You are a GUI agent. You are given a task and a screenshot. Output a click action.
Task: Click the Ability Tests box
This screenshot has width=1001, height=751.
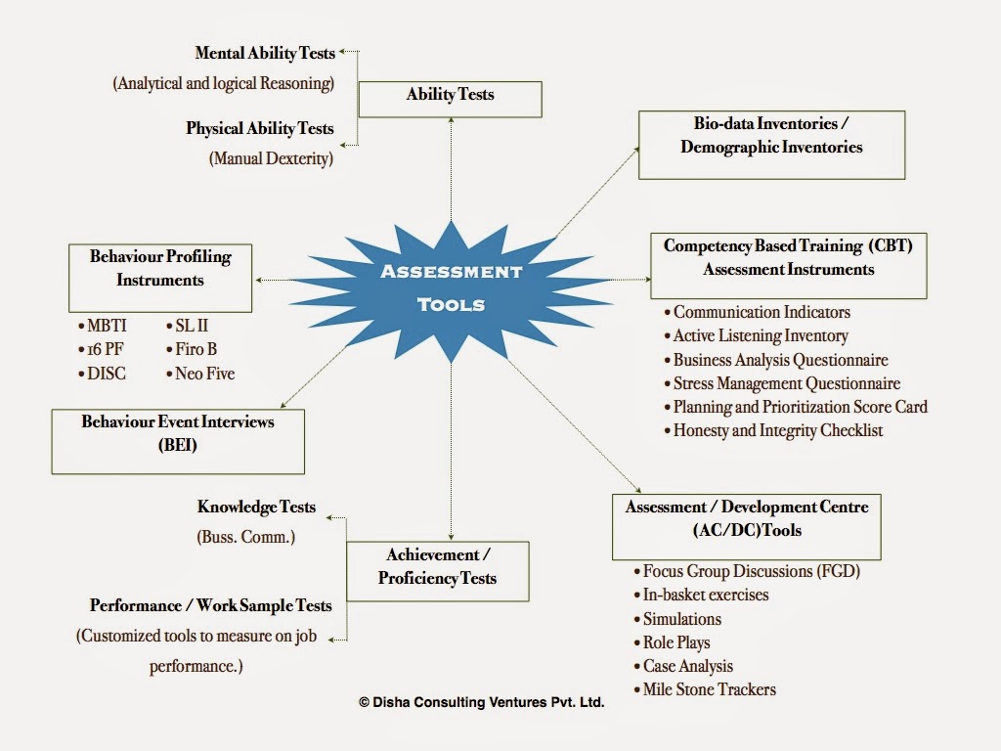coord(450,99)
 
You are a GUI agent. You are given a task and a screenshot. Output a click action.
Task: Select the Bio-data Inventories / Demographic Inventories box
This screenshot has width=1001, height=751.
coord(772,145)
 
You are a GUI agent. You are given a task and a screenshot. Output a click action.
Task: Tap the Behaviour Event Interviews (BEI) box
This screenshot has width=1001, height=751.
coord(178,441)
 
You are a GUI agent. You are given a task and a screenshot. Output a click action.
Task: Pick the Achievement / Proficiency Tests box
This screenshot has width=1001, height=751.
coord(438,571)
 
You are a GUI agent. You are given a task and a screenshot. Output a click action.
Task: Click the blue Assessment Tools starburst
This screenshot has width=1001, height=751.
coord(452,291)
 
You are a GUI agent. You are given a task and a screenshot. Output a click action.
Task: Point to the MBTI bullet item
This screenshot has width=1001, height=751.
coord(103,326)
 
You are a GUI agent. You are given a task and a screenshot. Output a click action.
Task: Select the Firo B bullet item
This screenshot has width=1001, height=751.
coord(192,349)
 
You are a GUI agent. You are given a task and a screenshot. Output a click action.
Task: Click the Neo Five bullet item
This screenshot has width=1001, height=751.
coord(200,374)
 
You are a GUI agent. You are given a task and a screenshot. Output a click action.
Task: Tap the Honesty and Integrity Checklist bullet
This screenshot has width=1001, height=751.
coord(774,430)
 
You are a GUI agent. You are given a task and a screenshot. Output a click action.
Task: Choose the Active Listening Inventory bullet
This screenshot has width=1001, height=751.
coord(757,336)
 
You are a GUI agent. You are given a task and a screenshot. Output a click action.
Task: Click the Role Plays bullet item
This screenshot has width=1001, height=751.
coord(672,642)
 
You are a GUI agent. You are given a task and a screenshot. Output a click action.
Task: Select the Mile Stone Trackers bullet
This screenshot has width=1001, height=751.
coord(705,689)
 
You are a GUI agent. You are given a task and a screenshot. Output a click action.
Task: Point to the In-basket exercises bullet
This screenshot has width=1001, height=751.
coord(701,595)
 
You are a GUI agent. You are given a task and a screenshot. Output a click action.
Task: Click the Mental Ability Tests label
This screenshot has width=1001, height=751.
coord(265,53)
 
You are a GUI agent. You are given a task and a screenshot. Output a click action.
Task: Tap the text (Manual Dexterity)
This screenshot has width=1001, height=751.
coord(272,158)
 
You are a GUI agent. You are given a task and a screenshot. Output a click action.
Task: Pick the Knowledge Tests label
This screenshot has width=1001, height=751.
coord(257,508)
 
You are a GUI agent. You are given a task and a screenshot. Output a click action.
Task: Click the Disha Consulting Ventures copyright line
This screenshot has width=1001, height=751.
coord(481,702)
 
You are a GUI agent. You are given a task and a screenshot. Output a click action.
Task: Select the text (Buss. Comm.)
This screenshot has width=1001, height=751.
coord(245,537)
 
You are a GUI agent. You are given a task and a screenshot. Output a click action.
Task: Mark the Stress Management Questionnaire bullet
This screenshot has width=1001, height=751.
coord(783,383)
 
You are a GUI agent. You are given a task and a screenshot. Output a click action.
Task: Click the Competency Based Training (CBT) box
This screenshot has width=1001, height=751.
coord(789,266)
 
